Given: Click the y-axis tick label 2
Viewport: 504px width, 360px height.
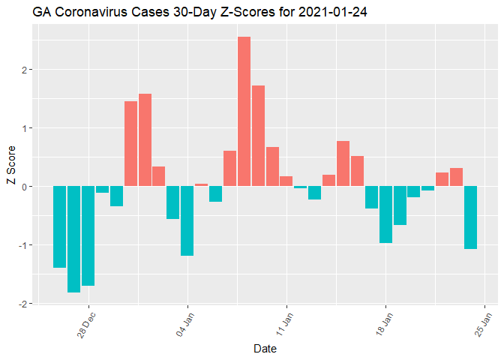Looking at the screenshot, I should pyautogui.click(x=24, y=70).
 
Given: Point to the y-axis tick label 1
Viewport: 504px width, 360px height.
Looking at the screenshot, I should pyautogui.click(x=24, y=128).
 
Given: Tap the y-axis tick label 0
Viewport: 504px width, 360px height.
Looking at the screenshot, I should pyautogui.click(x=24, y=187).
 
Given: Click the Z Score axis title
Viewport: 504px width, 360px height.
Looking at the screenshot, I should pyautogui.click(x=9, y=172).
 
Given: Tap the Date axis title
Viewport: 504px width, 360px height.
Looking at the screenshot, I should pyautogui.click(x=265, y=349).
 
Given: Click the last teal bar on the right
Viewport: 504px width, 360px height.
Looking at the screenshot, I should pyautogui.click(x=470, y=217).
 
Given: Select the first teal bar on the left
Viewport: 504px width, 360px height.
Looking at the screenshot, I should pyautogui.click(x=59, y=226).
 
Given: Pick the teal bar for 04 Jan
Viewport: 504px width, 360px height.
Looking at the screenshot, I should pyautogui.click(x=187, y=220).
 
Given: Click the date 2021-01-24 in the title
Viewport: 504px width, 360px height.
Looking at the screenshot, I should pyautogui.click(x=328, y=13).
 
